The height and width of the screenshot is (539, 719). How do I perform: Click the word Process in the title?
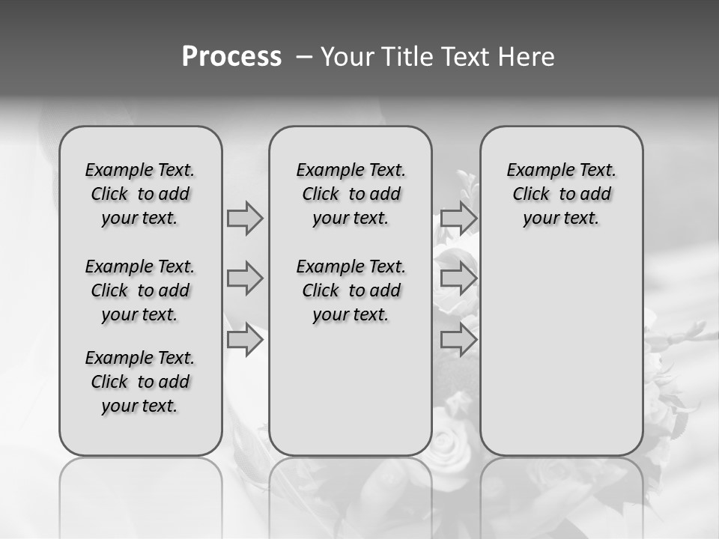[x=231, y=57]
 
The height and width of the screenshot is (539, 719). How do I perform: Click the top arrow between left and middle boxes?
[x=245, y=218]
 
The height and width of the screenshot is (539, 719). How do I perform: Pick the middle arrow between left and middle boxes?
[x=245, y=278]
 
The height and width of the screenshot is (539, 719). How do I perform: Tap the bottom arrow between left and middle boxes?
[x=245, y=340]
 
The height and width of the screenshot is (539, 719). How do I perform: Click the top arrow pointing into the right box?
[x=458, y=218]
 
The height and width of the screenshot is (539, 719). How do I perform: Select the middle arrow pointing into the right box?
[x=458, y=278]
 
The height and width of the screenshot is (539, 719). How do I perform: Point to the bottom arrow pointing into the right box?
[x=458, y=340]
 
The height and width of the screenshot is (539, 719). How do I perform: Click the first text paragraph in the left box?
[x=140, y=194]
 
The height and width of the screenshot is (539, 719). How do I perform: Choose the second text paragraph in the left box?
[x=140, y=290]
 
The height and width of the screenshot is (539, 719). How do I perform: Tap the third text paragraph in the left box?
[x=140, y=382]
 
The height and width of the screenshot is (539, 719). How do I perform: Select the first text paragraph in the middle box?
[x=351, y=194]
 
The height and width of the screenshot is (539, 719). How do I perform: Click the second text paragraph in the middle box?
[x=351, y=290]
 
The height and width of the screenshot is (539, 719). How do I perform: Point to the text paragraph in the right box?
[x=561, y=194]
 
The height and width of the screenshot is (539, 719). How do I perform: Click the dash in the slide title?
[x=305, y=57]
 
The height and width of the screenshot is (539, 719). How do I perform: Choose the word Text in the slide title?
[x=464, y=57]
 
